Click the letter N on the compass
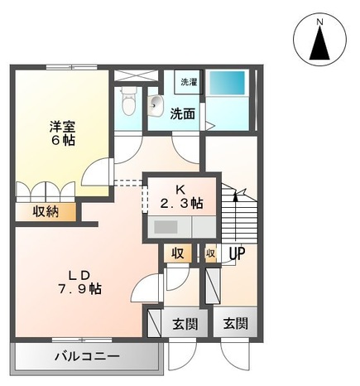tap(319, 20)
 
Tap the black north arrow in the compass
tap(319, 44)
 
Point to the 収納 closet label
tap(46, 212)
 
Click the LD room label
tap(79, 275)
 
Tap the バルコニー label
tap(87, 358)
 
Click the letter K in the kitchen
tap(178, 187)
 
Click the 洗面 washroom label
tap(183, 113)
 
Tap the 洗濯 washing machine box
tap(190, 82)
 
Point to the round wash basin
tap(156, 104)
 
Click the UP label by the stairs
tap(236, 253)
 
